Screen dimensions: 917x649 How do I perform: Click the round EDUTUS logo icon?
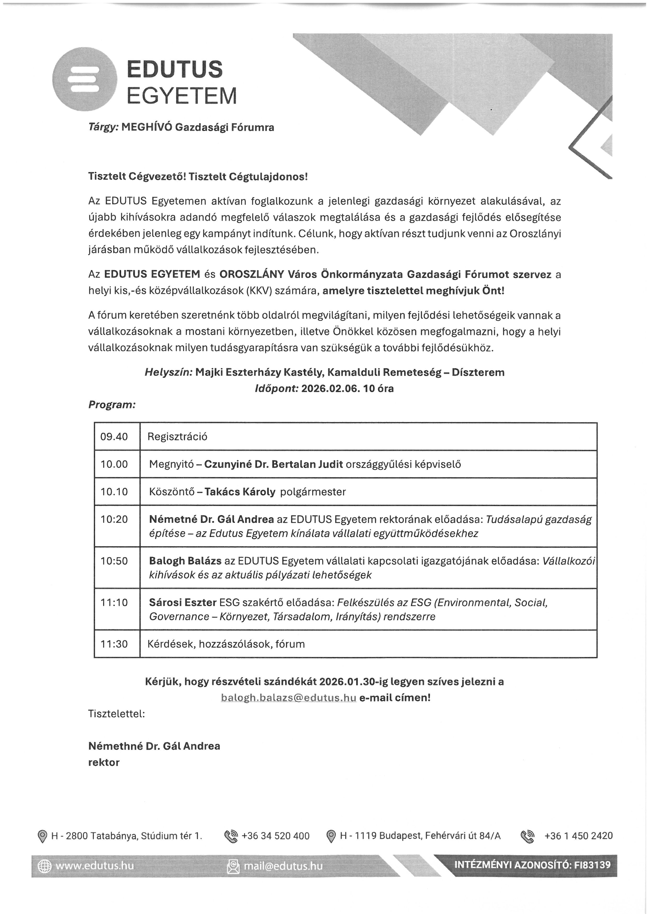85,79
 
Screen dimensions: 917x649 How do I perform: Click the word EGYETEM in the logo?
182,96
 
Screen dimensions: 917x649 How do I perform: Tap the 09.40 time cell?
114,436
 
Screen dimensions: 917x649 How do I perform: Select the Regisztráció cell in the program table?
177,436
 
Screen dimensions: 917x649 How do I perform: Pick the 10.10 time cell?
114,492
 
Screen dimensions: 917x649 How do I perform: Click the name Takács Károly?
240,492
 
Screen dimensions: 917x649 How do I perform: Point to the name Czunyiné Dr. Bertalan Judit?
274,464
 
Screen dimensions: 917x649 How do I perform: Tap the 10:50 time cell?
114,561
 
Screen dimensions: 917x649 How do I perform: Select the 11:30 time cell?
114,644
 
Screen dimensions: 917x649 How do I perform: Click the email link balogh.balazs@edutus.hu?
289,698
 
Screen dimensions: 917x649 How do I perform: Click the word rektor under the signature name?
104,762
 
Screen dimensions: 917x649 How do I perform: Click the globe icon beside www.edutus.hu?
44,866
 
